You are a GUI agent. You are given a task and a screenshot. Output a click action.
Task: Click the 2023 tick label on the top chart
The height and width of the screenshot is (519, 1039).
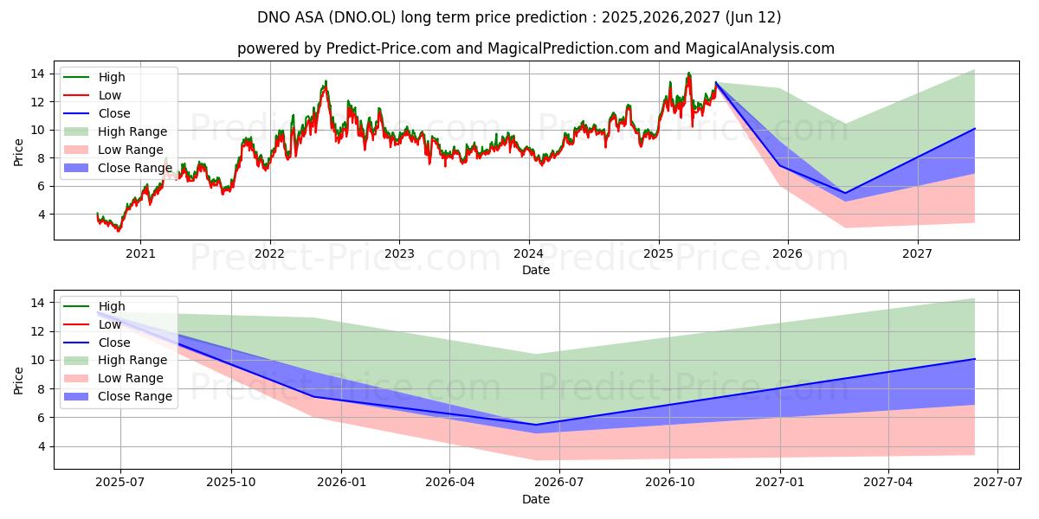[399, 253]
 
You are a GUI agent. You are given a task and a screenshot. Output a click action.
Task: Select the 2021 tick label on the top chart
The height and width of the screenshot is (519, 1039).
[140, 253]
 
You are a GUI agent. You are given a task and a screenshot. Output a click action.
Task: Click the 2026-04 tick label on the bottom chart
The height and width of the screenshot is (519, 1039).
[451, 483]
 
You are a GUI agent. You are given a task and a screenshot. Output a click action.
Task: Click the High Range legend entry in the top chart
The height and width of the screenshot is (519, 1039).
[132, 131]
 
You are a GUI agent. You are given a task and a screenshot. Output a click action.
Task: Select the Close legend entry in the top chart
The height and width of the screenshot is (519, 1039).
[114, 113]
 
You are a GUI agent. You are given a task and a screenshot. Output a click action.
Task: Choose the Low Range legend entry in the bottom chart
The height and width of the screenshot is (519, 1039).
[131, 378]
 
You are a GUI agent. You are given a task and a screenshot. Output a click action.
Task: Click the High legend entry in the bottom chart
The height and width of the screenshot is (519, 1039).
[112, 306]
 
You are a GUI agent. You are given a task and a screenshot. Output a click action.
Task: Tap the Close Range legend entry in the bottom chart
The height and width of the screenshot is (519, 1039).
[134, 396]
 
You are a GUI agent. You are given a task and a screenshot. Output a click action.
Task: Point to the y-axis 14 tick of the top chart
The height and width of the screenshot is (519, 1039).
[40, 74]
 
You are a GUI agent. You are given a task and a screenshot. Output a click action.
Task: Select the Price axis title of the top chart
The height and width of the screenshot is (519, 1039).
[19, 152]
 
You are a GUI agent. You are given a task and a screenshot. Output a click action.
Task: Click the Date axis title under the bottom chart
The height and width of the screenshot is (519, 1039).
[535, 499]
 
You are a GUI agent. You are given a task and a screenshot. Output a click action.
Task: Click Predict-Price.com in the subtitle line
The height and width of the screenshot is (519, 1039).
[388, 48]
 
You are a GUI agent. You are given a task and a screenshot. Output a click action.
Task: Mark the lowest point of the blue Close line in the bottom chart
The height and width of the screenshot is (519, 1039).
[535, 425]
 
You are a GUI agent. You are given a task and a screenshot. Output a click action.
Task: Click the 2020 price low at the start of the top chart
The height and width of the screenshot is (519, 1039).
[119, 230]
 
